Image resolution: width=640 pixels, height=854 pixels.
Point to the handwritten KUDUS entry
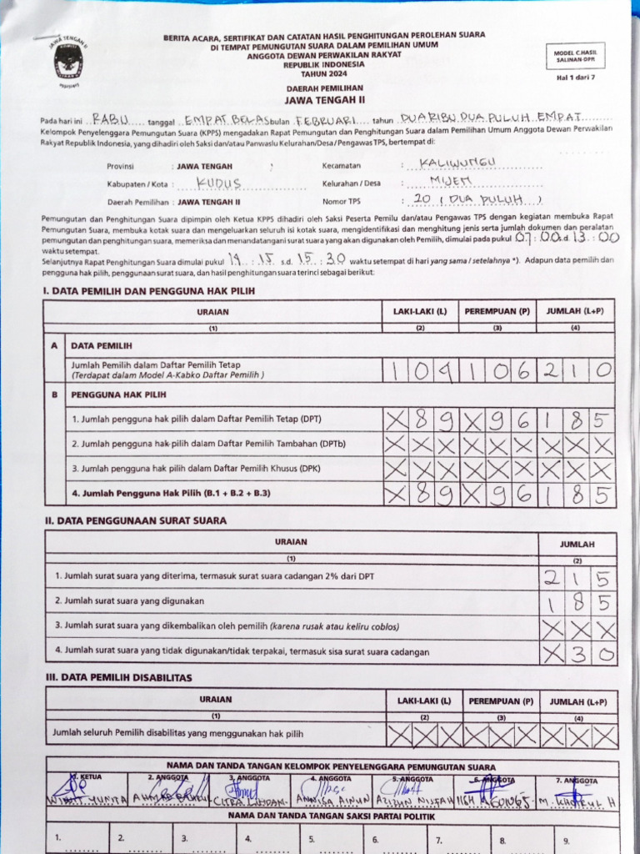click(x=219, y=183)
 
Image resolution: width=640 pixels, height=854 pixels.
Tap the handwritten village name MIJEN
click(x=451, y=181)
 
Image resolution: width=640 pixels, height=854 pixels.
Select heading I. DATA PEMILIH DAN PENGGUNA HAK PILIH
click(x=149, y=290)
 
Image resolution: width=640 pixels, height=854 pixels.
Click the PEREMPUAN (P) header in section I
click(x=497, y=311)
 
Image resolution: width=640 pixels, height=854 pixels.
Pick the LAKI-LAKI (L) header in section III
click(x=424, y=701)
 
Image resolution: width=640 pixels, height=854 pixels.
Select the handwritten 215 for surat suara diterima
click(x=579, y=577)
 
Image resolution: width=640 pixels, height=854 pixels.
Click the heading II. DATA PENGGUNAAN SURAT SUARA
click(x=136, y=520)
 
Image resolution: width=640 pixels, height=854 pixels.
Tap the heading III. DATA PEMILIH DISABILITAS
click(x=118, y=677)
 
